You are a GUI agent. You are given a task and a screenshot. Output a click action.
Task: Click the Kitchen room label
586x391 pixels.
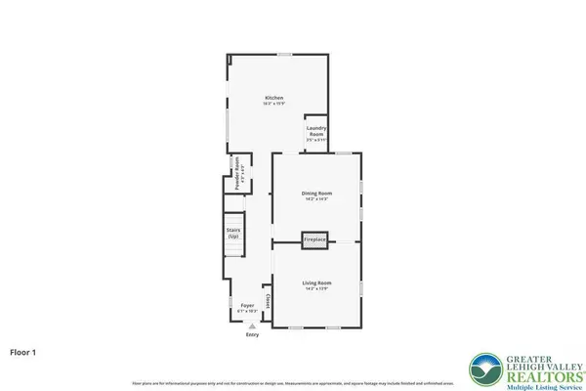(274, 98)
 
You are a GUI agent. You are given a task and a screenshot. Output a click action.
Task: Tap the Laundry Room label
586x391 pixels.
(315, 131)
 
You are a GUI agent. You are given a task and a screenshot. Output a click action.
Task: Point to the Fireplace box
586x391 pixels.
(314, 239)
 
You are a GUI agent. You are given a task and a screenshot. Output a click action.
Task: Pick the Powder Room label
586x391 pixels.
(235, 172)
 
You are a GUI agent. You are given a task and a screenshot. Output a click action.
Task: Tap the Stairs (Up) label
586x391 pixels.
(233, 235)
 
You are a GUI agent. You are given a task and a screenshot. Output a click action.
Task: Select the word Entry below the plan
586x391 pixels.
(253, 335)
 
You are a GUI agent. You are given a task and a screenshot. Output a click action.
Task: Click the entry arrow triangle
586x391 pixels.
(253, 326)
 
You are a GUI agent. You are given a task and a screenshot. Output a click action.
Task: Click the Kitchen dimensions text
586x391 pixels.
(274, 104)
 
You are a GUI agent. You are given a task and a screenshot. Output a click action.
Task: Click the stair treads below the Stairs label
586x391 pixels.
(233, 249)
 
